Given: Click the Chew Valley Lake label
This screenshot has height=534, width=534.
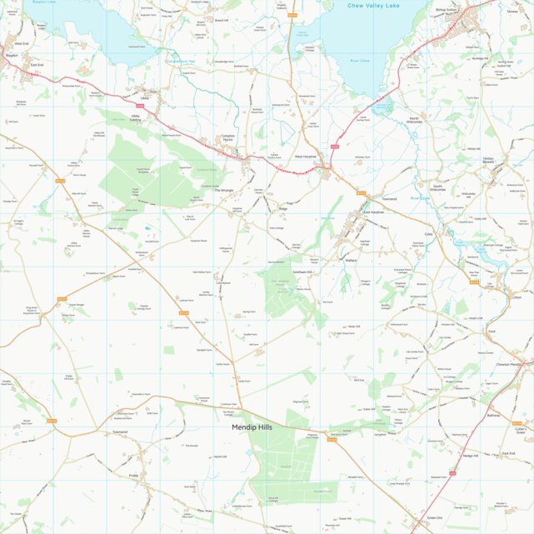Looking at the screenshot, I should (375, 6).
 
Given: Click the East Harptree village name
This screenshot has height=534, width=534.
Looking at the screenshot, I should (372, 212).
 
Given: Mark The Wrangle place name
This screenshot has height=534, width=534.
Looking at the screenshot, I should (224, 190).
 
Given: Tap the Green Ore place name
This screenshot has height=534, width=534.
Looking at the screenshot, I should (434, 517).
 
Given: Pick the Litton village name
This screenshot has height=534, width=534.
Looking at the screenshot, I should (517, 297).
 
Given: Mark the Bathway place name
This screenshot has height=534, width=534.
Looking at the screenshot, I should (492, 414).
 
